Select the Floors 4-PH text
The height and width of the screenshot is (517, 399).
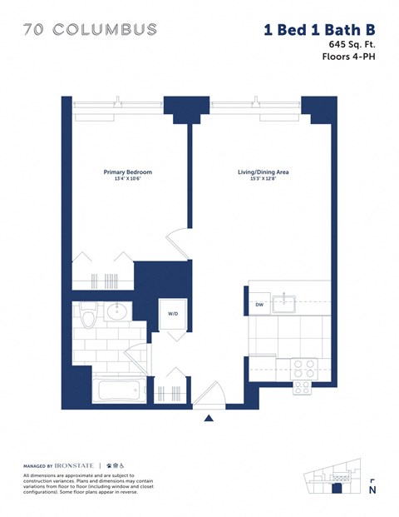point(349,57)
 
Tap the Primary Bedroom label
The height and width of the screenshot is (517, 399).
point(127,172)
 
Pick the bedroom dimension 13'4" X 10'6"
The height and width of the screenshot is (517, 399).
point(127,181)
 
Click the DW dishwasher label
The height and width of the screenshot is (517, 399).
point(259,305)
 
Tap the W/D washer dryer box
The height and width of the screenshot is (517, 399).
point(173,314)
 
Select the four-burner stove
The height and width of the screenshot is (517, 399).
point(301,375)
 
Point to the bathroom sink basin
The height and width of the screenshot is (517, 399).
point(116,313)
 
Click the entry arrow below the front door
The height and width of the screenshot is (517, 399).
point(209,418)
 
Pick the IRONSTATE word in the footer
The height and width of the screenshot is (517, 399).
point(77,465)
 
